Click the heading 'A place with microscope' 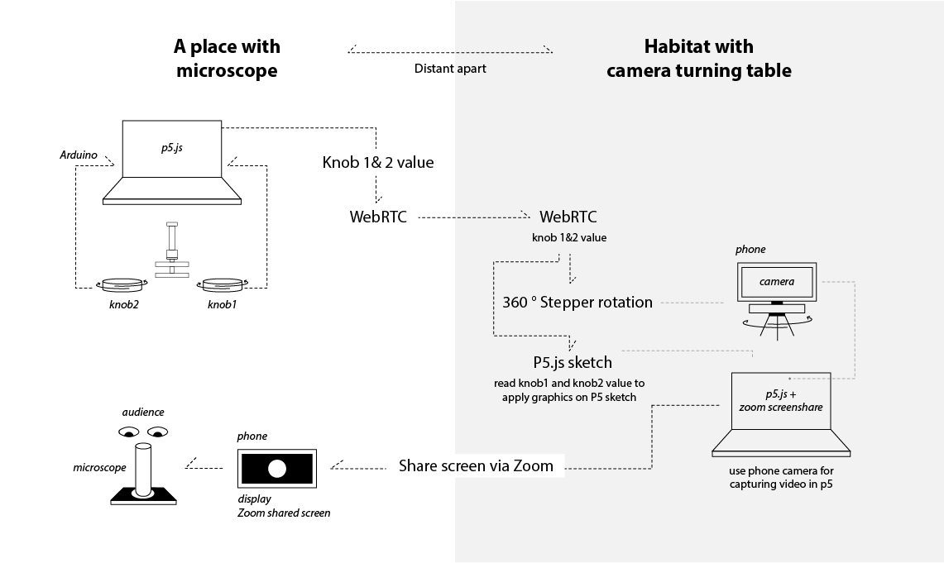(227, 59)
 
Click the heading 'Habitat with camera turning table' (698, 59)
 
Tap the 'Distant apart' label (450, 69)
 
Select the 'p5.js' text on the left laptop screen (173, 148)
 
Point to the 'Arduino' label (79, 155)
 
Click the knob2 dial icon (122, 284)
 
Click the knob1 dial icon (220, 284)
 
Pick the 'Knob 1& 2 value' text (377, 162)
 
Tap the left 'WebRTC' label (378, 217)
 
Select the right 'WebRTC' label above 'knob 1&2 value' (568, 217)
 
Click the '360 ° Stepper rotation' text (577, 302)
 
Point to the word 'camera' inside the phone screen (777, 281)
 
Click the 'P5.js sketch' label (573, 362)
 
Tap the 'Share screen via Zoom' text (476, 465)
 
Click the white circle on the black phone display (276, 469)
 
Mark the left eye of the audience (128, 432)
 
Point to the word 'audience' (143, 412)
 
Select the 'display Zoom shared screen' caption (283, 506)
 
